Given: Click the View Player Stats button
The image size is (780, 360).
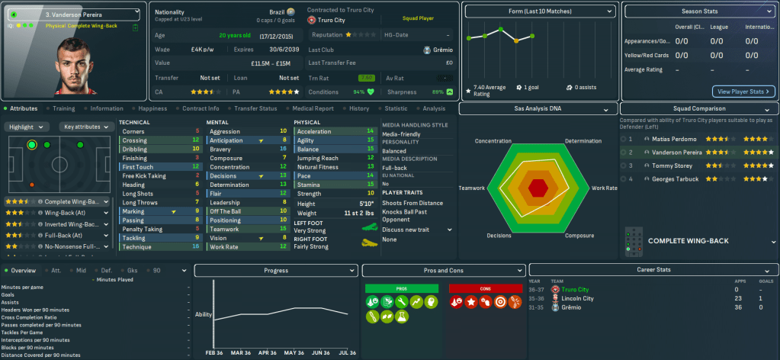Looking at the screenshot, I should tap(743, 92).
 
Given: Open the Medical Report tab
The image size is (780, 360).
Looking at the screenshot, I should tap(313, 108).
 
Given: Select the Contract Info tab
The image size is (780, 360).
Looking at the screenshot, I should tap(201, 108).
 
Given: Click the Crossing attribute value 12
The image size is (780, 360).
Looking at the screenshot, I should tap(196, 140).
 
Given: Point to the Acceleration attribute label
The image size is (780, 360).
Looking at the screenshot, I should tap(314, 131).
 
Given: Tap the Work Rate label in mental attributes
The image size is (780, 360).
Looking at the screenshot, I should tap(223, 247).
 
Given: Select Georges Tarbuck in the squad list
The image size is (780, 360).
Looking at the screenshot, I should tap(674, 178).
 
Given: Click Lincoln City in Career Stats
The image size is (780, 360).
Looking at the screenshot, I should tap(578, 298).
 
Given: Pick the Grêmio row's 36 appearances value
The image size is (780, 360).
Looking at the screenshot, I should tap(737, 307).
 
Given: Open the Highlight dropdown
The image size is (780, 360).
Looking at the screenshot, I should tap(28, 127).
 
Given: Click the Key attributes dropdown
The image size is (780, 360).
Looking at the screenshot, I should tap(86, 127).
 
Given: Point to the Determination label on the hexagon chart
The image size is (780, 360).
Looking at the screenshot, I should tap(583, 141).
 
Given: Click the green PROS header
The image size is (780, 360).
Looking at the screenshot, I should tap(402, 288).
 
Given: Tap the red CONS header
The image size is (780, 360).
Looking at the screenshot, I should tap(485, 288).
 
